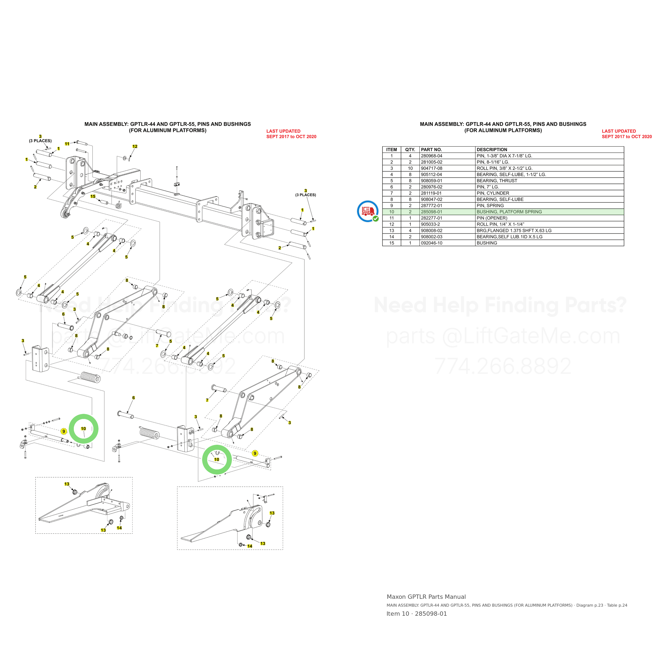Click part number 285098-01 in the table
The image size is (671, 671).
[x=431, y=212]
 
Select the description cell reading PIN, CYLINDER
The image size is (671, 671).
[x=493, y=193]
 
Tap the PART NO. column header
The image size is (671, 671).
[x=431, y=150]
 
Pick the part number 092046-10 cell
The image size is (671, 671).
[x=432, y=243]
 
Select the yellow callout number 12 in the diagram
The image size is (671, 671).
[x=135, y=147]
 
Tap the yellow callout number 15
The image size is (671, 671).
[x=93, y=196]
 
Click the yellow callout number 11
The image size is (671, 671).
[x=67, y=144]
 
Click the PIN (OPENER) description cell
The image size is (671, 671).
[x=492, y=218]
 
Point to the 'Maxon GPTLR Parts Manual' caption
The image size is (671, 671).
[x=426, y=597]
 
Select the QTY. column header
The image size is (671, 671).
[x=410, y=150]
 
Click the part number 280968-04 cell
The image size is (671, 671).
[x=432, y=156]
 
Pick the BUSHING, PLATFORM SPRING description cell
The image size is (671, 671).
[x=509, y=212]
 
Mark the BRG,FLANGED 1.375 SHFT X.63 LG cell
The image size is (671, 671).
[x=514, y=231]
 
